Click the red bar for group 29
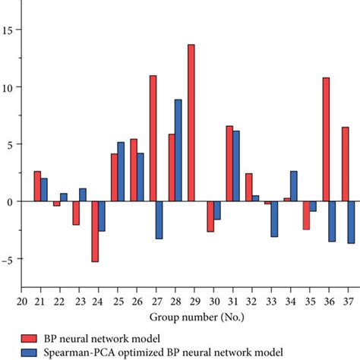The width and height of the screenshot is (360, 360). pos(191,123)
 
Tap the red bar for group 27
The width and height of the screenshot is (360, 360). pos(153,138)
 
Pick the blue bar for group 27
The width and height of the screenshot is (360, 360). pos(159,220)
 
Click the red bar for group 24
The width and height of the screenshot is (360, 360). pos(95,232)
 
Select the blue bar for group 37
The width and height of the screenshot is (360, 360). pos(352,222)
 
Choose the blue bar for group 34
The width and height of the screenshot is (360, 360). pos(294,186)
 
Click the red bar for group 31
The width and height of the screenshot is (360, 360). pos(229,163)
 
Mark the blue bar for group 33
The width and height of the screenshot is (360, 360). pos(274,219)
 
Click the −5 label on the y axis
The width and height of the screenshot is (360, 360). pos(9,258)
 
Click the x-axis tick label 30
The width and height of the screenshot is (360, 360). pos(216,302)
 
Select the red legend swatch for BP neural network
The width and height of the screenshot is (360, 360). pos(30,337)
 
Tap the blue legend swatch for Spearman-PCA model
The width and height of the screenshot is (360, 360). pos(30,352)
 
